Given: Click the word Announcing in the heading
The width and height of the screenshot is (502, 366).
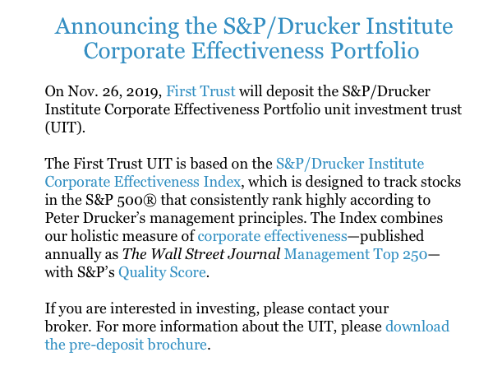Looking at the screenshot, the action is click(x=117, y=27).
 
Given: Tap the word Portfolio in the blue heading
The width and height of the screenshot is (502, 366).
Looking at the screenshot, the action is click(x=375, y=51).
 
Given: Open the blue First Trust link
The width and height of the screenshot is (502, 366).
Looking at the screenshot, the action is click(x=200, y=91).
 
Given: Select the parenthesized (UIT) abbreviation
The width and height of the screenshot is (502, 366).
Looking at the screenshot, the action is click(x=65, y=127).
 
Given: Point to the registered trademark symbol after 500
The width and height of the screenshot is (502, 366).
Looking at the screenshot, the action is click(x=150, y=200).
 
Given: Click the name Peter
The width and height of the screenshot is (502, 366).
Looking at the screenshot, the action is click(x=62, y=218).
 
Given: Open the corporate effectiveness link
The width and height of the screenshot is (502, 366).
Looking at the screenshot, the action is click(x=273, y=237).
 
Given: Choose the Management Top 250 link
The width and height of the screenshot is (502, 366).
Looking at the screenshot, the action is click(x=356, y=254).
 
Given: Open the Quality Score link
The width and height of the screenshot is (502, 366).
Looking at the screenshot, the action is click(x=162, y=273).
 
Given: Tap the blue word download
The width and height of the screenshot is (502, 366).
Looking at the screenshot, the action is click(x=417, y=327).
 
